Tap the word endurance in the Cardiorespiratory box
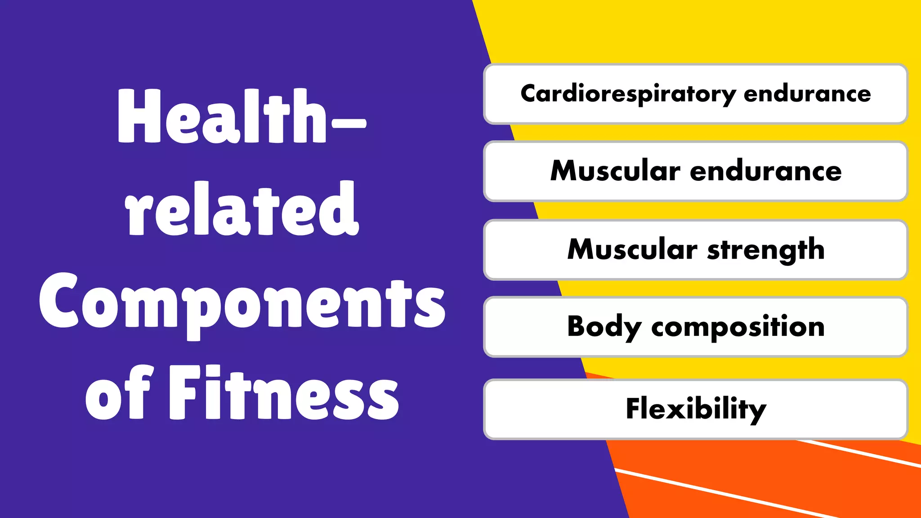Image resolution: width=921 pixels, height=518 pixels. coord(807,94)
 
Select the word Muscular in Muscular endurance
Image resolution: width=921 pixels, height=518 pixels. coord(615,171)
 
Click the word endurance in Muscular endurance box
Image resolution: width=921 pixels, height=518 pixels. coord(765,171)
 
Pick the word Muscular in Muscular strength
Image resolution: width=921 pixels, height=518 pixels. coord(632,249)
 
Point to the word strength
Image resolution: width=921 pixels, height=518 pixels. coord(766,250)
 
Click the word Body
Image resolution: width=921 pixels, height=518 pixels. coord(604,327)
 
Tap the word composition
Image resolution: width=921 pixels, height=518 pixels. coord(738,327)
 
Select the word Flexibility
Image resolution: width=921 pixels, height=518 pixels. coord(696,409)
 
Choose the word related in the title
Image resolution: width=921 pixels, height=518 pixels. coord(242,209)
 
